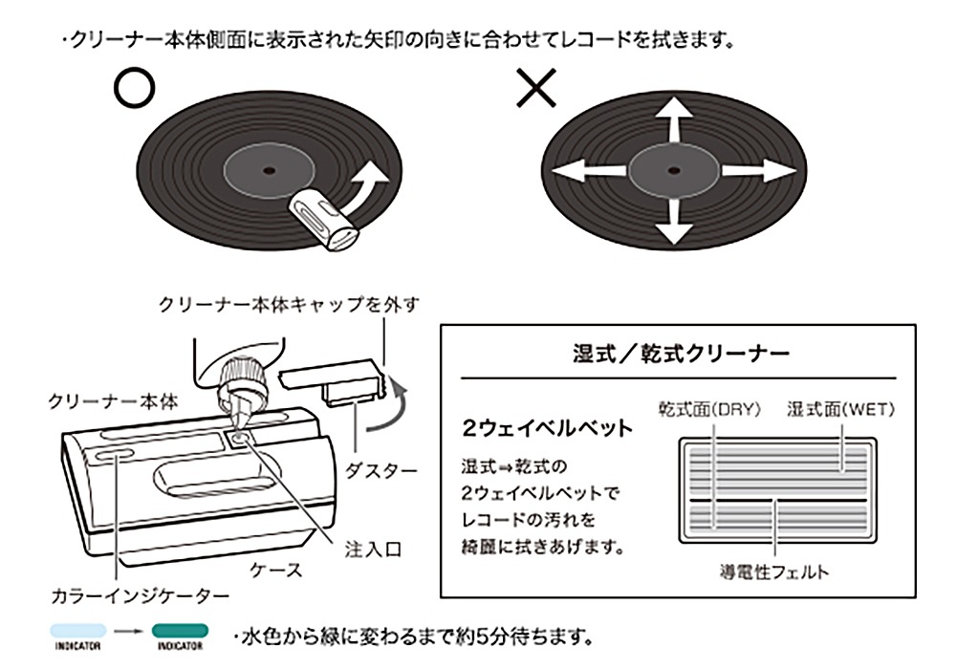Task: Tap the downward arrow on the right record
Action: (x=675, y=220)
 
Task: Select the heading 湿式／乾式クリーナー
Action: (x=680, y=355)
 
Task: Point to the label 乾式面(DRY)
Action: (x=708, y=409)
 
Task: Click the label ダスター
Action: (x=380, y=470)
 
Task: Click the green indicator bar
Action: (x=179, y=630)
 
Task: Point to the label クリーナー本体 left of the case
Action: (x=113, y=401)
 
